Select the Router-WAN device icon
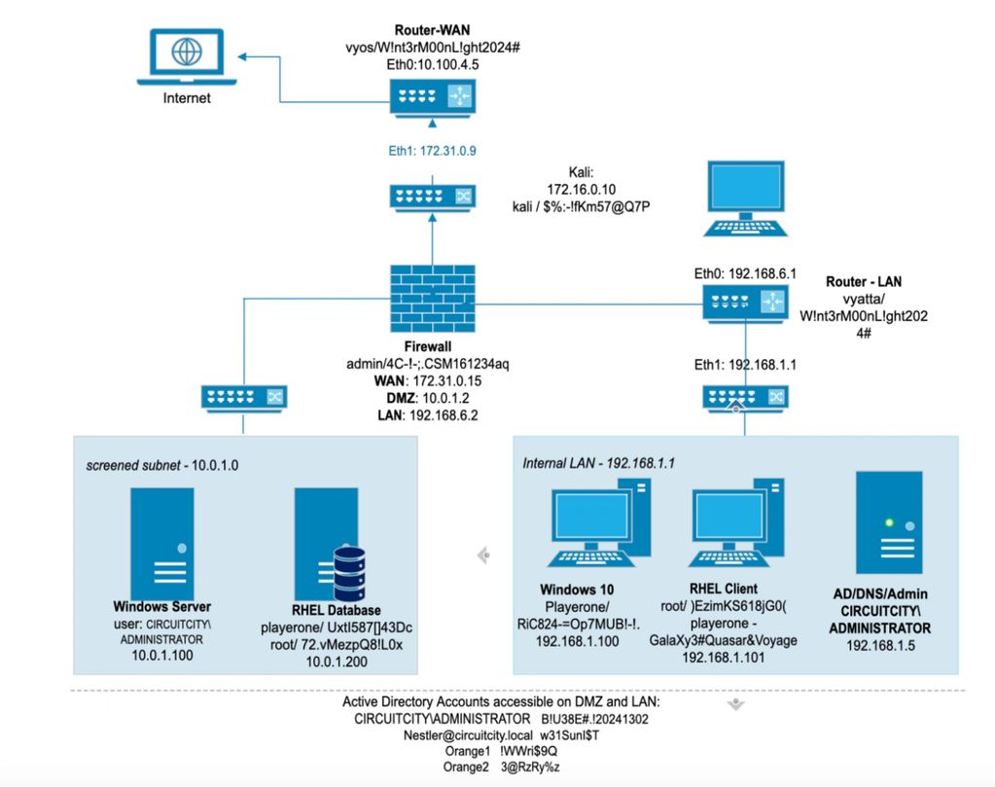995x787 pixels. tap(431, 96)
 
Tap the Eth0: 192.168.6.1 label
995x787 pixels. tap(746, 274)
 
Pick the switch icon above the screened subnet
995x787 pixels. tap(241, 397)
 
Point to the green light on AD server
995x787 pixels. tap(888, 522)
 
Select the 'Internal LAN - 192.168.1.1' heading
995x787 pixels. tap(600, 462)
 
